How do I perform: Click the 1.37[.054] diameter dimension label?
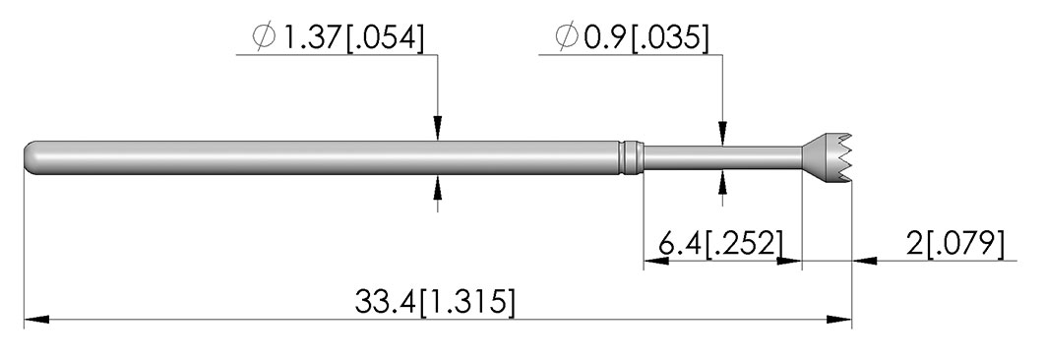pyautogui.click(x=338, y=37)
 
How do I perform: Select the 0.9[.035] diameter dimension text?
pyautogui.click(x=631, y=38)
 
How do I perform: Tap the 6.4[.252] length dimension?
pyautogui.click(x=719, y=244)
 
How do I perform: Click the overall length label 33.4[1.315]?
pyautogui.click(x=435, y=302)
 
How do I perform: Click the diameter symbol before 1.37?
pyautogui.click(x=264, y=37)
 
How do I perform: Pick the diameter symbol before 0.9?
pyautogui.click(x=568, y=38)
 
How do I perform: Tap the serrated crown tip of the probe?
pyautogui.click(x=828, y=157)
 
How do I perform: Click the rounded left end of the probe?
pyautogui.click(x=33, y=157)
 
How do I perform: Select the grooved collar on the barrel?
pyautogui.click(x=630, y=157)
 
